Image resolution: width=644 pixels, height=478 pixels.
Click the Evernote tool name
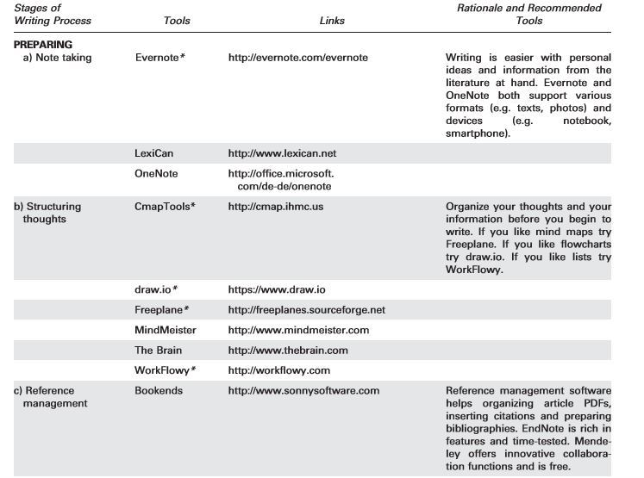click(160, 58)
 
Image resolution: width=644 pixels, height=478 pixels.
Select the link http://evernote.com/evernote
click(297, 58)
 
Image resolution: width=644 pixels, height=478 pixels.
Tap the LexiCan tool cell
click(154, 153)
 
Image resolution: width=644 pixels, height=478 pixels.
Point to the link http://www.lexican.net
click(282, 153)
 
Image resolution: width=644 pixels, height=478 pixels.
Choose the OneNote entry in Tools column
click(155, 174)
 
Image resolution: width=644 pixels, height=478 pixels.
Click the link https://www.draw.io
click(276, 289)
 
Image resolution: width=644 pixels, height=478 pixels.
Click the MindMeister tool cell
click(166, 330)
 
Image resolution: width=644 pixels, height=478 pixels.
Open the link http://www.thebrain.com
click(288, 351)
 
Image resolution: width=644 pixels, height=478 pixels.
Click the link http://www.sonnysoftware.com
click(303, 391)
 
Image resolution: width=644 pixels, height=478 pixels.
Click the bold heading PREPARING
click(43, 45)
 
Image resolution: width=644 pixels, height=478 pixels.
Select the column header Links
click(332, 21)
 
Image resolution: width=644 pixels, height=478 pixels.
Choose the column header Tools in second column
click(177, 21)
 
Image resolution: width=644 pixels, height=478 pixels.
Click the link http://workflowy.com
click(279, 371)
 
